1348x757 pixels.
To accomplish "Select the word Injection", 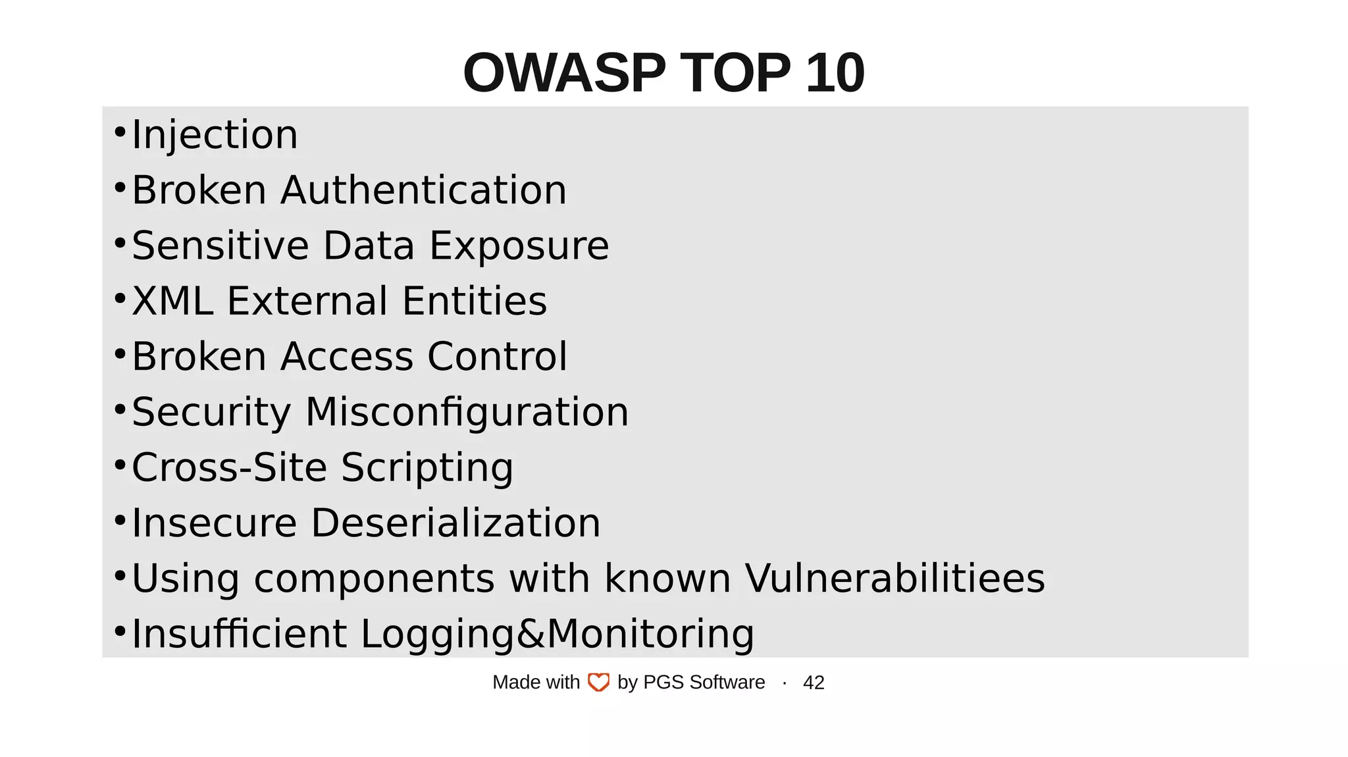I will coord(215,135).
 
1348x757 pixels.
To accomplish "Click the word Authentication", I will coord(423,190).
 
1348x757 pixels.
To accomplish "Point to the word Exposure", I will coord(519,246).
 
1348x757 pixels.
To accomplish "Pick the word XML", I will coord(172,301).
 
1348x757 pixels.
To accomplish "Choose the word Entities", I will coord(474,301).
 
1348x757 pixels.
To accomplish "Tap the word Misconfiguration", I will coord(467,412).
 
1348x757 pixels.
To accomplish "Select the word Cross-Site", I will coord(229,467).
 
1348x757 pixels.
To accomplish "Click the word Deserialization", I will coord(455,523).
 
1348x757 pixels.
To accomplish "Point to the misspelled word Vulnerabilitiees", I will coord(894,578).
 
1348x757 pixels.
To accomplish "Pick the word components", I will coord(374,579).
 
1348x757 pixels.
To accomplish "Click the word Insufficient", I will coord(239,633).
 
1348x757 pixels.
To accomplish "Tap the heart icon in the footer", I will coord(598,683).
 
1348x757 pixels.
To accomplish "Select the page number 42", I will coord(814,683).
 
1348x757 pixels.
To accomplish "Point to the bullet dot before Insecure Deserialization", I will coord(120,521).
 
